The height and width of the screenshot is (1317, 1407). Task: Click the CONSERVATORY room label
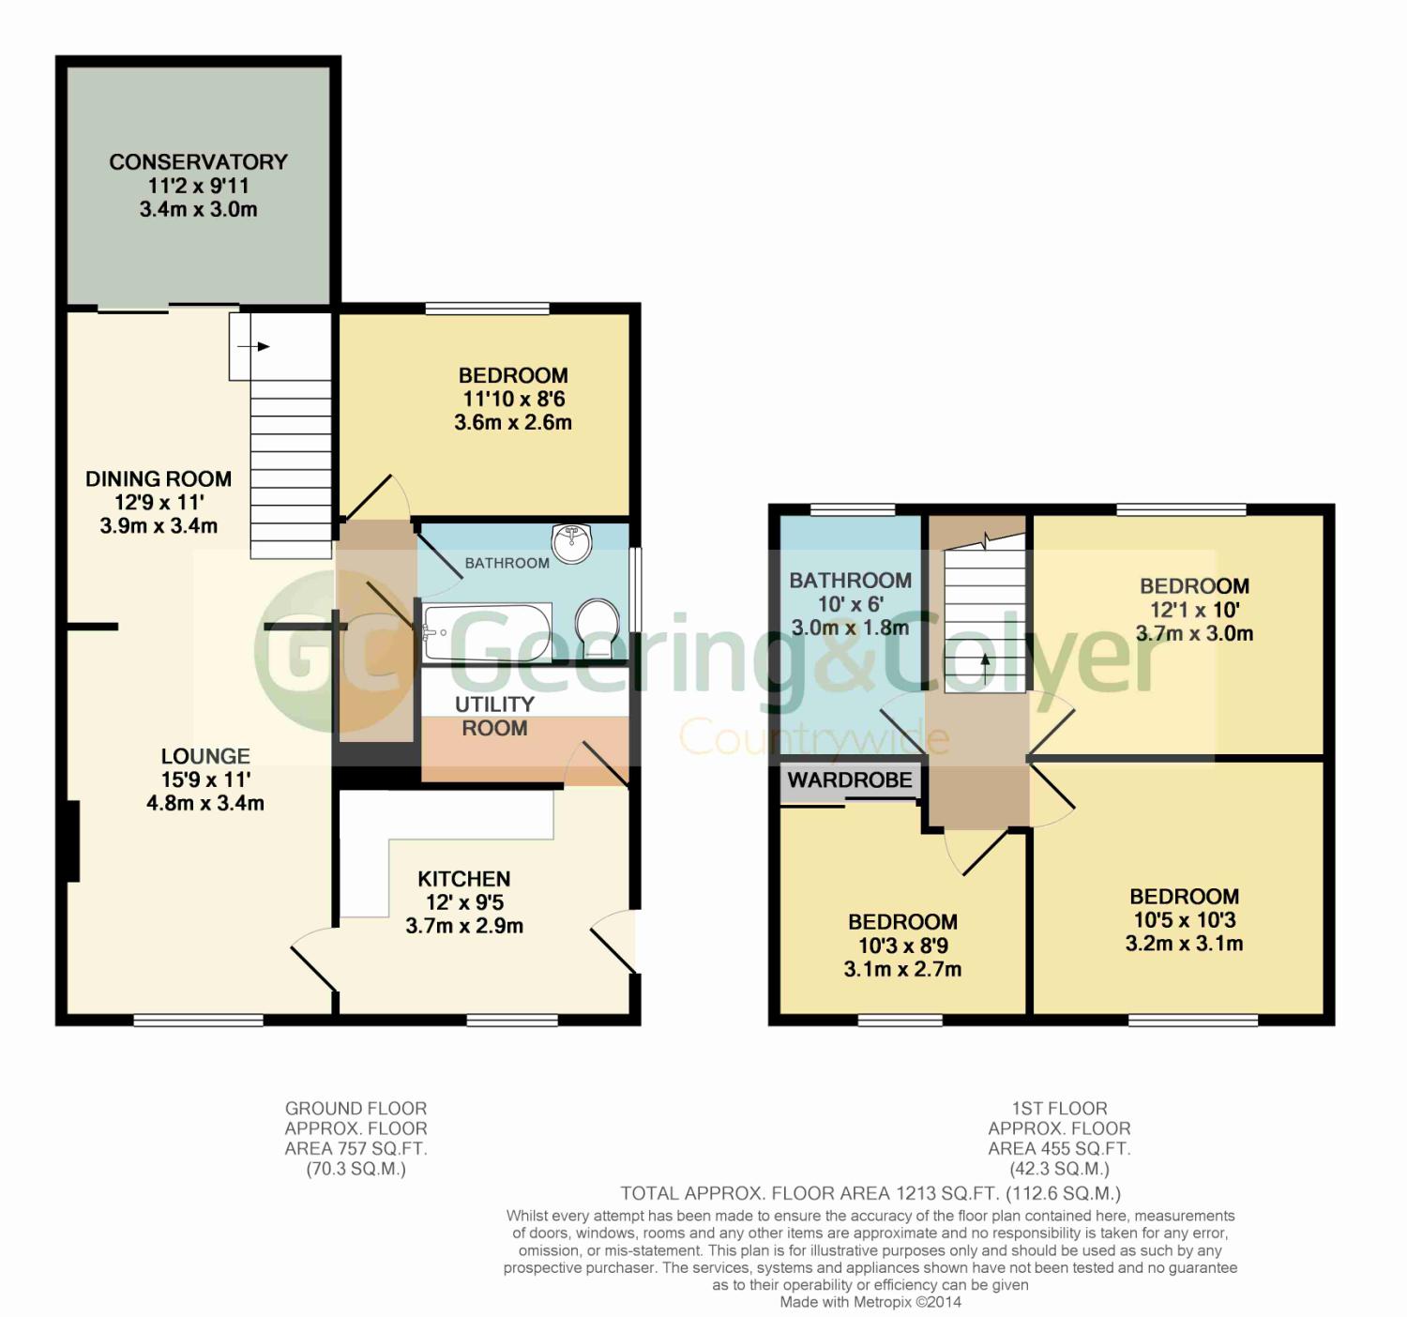tap(198, 161)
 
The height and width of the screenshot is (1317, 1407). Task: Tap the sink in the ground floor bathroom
tap(572, 544)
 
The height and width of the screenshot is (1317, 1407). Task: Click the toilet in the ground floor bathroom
tap(598, 628)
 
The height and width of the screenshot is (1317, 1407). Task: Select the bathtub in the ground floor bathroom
tap(487, 631)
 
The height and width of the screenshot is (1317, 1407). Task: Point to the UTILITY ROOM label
tap(494, 716)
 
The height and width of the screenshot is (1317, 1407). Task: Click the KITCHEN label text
tap(464, 879)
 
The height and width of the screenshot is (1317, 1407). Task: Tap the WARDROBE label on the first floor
tap(850, 780)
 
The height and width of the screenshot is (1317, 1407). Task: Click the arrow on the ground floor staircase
tap(253, 347)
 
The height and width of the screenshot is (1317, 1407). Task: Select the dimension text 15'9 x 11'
tap(206, 780)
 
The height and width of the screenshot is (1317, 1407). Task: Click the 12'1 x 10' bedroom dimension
tap(1194, 610)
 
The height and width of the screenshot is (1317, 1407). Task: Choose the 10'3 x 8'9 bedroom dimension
tap(902, 946)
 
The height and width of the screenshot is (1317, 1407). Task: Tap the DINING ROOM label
tap(159, 478)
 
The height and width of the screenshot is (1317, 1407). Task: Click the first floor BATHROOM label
tap(850, 581)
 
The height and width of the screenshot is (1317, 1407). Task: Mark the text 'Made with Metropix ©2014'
tap(870, 1301)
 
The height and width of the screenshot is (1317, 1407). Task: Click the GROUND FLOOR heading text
tap(356, 1108)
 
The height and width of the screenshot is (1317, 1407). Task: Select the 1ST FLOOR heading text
tap(1059, 1108)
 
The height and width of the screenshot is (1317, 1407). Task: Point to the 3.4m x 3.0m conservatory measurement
tap(198, 209)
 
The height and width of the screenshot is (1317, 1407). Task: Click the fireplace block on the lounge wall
tap(72, 841)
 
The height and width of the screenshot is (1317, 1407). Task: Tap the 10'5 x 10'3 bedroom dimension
tap(1185, 920)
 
